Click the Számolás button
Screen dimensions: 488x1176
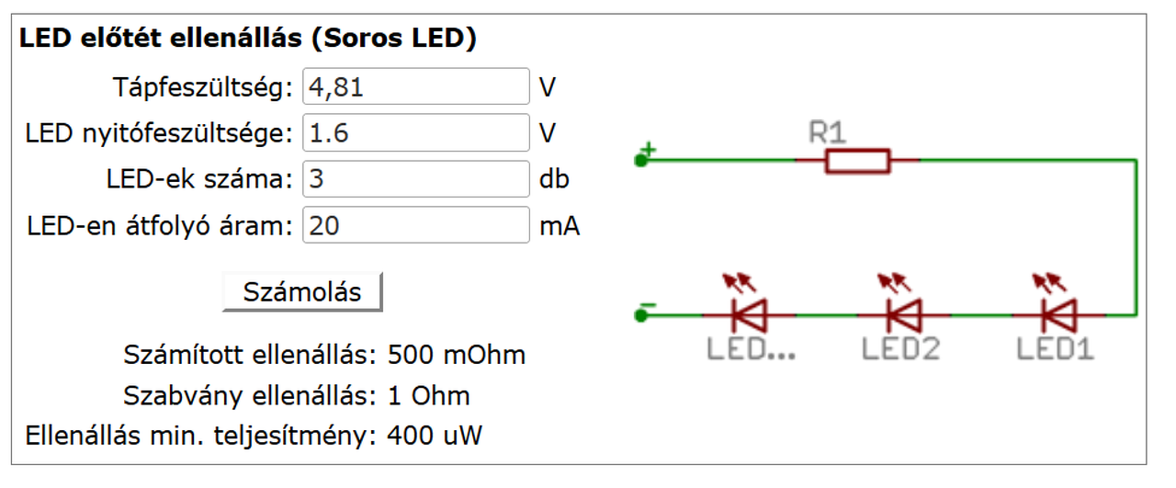pyautogui.click(x=301, y=292)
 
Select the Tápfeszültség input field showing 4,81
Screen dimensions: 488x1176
pyautogui.click(x=415, y=87)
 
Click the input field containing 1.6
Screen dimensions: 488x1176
pyautogui.click(x=415, y=133)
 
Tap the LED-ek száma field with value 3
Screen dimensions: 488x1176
pyautogui.click(x=415, y=178)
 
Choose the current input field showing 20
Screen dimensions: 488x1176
pyautogui.click(x=415, y=225)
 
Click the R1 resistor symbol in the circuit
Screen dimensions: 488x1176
pyautogui.click(x=857, y=161)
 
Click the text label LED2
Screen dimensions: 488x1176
pyautogui.click(x=900, y=349)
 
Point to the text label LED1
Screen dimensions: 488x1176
pyautogui.click(x=1055, y=349)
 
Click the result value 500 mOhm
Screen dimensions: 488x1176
pyautogui.click(x=457, y=355)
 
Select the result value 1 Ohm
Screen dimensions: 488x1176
pyautogui.click(x=429, y=396)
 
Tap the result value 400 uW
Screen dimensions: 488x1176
pyautogui.click(x=435, y=435)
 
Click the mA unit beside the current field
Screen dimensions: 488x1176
pyautogui.click(x=560, y=225)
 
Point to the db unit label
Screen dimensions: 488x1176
pyautogui.click(x=554, y=178)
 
